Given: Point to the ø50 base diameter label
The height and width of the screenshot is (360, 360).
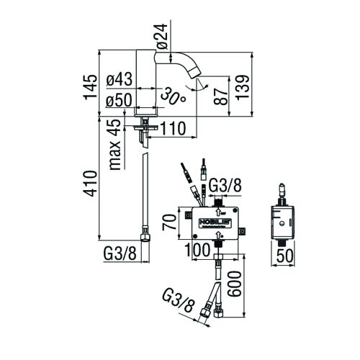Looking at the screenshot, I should (119, 101).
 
